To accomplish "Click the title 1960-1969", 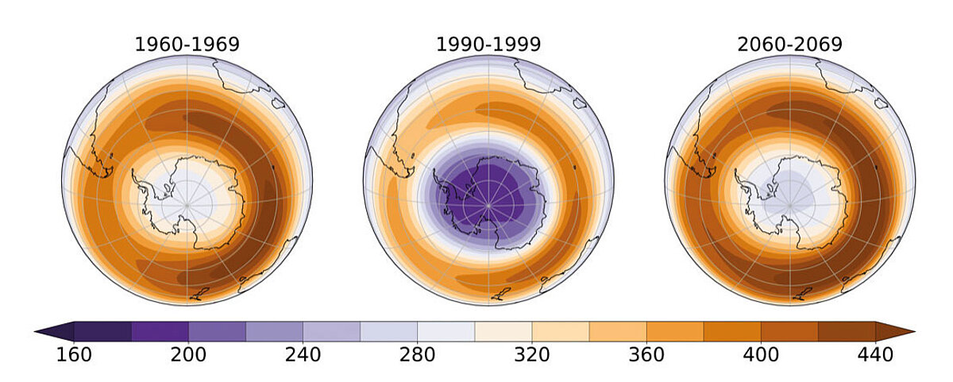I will pyautogui.click(x=187, y=44).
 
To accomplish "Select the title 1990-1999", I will pyautogui.click(x=488, y=44).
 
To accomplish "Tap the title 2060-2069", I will pyautogui.click(x=789, y=44).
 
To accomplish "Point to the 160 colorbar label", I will pyautogui.click(x=74, y=354).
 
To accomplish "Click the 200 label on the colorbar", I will pyautogui.click(x=188, y=354).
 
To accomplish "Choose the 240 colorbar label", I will pyautogui.click(x=303, y=354).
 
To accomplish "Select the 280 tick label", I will pyautogui.click(x=417, y=354).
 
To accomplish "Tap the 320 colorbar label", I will pyautogui.click(x=531, y=354).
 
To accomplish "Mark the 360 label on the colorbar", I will pyautogui.click(x=646, y=354).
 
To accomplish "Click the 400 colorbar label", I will pyautogui.click(x=760, y=354).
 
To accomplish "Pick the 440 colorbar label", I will pyautogui.click(x=874, y=354).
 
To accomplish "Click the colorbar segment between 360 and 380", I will pyautogui.click(x=674, y=331).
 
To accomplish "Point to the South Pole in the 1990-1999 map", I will pyautogui.click(x=488, y=205).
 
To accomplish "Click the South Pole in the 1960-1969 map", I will pyautogui.click(x=187, y=205).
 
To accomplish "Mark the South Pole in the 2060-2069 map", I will pyautogui.click(x=789, y=205).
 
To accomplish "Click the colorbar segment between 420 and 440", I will pyautogui.click(x=846, y=331).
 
